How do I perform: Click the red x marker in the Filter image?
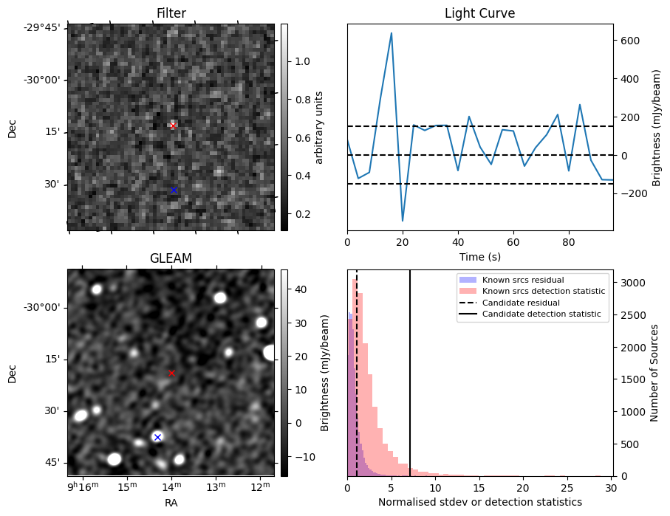(x=173, y=125)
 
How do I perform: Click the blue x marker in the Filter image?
(x=174, y=190)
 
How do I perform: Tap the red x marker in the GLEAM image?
(x=171, y=373)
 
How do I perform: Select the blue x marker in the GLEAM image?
(x=157, y=437)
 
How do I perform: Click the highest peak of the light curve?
(x=392, y=33)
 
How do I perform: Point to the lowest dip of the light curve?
(x=403, y=221)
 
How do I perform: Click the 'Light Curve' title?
(x=479, y=13)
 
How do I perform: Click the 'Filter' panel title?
(x=171, y=13)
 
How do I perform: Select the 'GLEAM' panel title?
(x=171, y=258)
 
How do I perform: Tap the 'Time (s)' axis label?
(x=479, y=257)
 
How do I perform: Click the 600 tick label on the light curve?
(x=629, y=41)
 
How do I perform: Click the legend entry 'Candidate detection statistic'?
(x=543, y=314)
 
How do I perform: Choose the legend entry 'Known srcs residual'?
(x=522, y=280)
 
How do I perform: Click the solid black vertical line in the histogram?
(x=410, y=369)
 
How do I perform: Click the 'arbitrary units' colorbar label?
(x=319, y=127)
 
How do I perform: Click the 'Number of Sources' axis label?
(x=654, y=373)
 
